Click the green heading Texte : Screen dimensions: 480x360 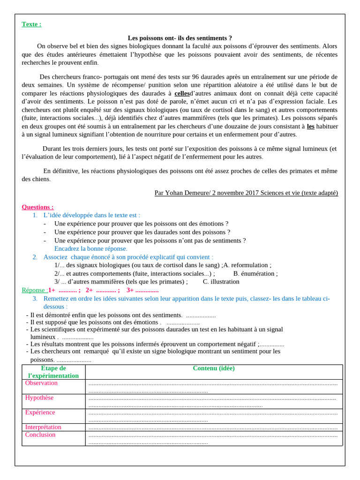click(x=31, y=24)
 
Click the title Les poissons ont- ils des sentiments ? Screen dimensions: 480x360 click(x=180, y=38)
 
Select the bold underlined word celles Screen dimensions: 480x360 click(x=182, y=93)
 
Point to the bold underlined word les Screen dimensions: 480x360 click(x=310, y=126)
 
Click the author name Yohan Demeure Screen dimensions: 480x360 click(x=187, y=193)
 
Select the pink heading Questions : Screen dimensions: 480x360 click(x=37, y=207)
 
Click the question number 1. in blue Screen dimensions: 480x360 click(x=35, y=215)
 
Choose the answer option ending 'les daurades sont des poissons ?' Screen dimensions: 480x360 click(x=142, y=232)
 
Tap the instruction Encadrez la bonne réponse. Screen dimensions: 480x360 click(x=90, y=248)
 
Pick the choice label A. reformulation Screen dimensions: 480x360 click(x=247, y=265)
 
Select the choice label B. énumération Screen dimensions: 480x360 click(x=255, y=274)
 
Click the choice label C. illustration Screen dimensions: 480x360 click(x=221, y=282)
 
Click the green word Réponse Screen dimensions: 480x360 click(x=34, y=290)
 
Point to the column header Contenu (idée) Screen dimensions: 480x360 click(x=214, y=368)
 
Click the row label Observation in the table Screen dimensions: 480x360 click(x=41, y=383)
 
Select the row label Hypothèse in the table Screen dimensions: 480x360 click(x=39, y=398)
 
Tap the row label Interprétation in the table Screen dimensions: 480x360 click(x=43, y=427)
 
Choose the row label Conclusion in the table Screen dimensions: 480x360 click(x=40, y=435)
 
